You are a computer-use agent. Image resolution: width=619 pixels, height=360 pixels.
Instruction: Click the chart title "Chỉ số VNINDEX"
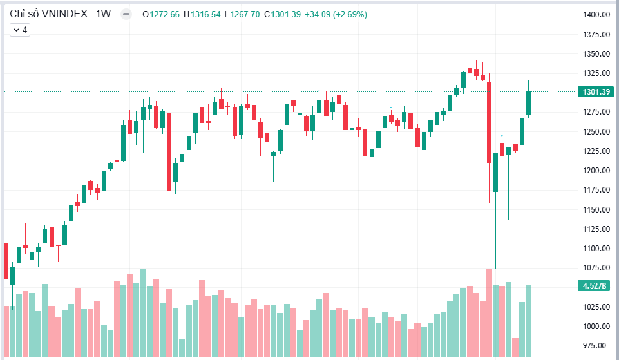click(48, 14)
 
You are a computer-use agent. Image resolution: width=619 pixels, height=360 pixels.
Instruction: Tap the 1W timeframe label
click(103, 14)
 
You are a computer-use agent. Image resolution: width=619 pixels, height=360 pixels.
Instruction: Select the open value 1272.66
click(165, 15)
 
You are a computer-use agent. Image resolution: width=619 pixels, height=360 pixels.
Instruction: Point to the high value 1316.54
click(205, 15)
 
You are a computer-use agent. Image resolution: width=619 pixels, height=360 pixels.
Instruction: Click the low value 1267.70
click(245, 15)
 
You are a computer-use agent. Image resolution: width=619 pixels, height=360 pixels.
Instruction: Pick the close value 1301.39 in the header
click(286, 15)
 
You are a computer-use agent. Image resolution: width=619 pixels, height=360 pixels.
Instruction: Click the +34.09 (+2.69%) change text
click(336, 15)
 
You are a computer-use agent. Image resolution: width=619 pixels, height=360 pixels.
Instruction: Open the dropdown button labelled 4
click(20, 30)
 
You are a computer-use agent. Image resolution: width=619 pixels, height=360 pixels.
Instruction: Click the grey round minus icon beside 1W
click(126, 15)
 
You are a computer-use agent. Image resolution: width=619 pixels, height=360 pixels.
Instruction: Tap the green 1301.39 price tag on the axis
click(596, 92)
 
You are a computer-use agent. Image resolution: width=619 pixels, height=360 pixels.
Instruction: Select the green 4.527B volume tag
click(596, 285)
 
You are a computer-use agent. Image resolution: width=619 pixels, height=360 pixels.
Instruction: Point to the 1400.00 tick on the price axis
click(596, 15)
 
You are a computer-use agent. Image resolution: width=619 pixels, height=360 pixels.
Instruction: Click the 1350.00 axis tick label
click(596, 53)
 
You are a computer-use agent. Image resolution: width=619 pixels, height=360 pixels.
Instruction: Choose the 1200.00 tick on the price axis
click(596, 171)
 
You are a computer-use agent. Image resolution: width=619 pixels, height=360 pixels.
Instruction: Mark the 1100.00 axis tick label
click(596, 249)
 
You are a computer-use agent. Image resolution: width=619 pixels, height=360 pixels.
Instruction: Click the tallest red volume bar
click(489, 312)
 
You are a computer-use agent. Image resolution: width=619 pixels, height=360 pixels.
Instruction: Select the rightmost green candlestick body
click(528, 103)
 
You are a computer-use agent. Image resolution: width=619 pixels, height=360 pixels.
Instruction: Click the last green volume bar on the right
click(528, 321)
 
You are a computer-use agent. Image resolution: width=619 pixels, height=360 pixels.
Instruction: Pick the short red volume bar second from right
click(515, 347)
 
